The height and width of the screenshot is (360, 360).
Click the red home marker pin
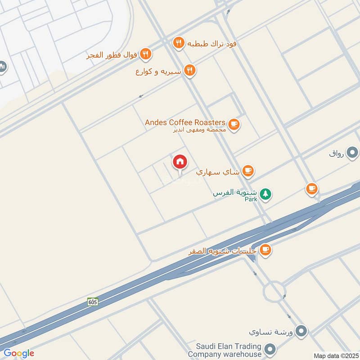180,162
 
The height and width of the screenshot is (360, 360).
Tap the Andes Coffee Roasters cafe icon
234,124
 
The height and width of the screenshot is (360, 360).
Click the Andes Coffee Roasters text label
184,122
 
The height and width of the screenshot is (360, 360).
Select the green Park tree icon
266,194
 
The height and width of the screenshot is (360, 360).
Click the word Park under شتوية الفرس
251,199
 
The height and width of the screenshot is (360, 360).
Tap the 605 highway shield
93,302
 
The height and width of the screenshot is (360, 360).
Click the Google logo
19,353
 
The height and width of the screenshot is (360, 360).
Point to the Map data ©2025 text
335,356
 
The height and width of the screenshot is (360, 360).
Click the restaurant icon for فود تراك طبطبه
179,43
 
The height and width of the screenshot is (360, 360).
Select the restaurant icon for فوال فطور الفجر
145,54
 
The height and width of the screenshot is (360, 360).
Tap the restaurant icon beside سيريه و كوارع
189,70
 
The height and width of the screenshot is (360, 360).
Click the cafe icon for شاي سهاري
247,171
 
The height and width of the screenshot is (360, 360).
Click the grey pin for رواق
353,153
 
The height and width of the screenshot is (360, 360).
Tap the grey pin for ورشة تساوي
302,331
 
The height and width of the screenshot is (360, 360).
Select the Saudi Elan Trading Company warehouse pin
270,349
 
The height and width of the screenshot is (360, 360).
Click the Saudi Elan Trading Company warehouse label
229,350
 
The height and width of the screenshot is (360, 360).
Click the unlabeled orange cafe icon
311,189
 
